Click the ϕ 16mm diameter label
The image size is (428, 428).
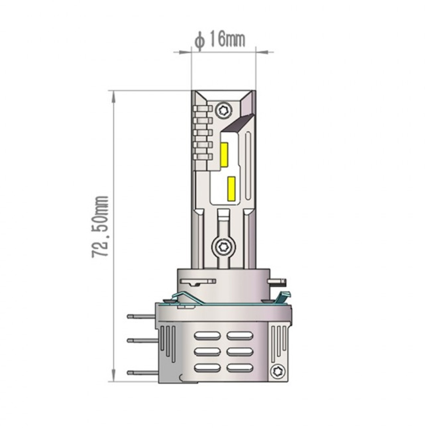tap(220, 40)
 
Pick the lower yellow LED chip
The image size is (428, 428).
tap(231, 188)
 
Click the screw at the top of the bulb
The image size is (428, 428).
tap(224, 111)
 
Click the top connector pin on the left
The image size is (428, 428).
tap(141, 317)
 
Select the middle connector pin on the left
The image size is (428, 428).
tap(141, 340)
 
